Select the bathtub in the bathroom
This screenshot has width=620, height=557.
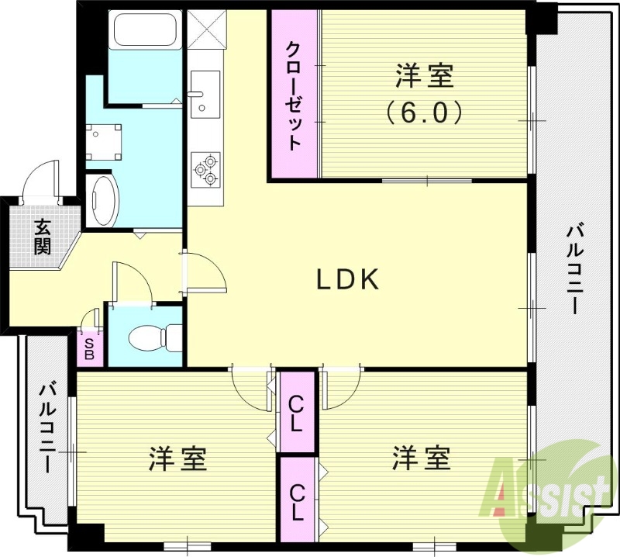pyautogui.click(x=145, y=30)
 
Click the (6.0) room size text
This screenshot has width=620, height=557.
pyautogui.click(x=424, y=113)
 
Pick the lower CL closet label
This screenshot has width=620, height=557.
pyautogui.click(x=298, y=500)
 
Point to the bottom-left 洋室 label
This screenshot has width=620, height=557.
pyautogui.click(x=177, y=458)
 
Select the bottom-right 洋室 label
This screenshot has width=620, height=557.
pyautogui.click(x=421, y=458)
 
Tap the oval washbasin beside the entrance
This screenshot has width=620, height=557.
pyautogui.click(x=102, y=200)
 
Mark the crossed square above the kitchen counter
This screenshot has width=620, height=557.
pyautogui.click(x=205, y=30)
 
